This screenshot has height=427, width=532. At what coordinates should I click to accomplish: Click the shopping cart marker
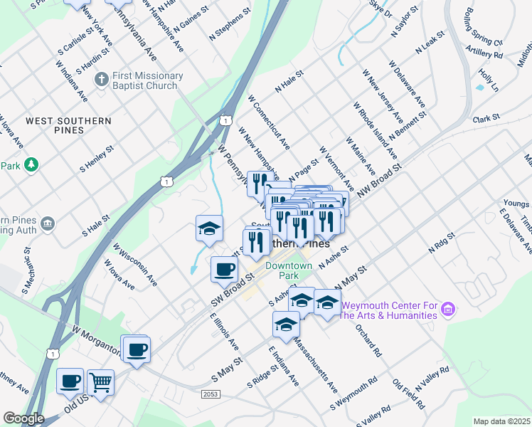pyautogui.click(x=100, y=382)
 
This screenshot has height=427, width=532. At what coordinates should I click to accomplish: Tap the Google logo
pyautogui.click(x=23, y=418)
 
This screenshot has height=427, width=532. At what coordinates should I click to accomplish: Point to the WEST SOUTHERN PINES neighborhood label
pyautogui.click(x=68, y=126)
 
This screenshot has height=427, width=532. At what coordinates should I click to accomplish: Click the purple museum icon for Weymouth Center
pyautogui.click(x=447, y=310)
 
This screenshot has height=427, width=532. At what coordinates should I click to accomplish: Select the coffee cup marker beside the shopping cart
pyautogui.click(x=70, y=381)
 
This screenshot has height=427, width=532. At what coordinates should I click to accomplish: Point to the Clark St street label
pyautogui.click(x=487, y=117)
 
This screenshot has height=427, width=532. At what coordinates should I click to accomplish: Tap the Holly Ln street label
pyautogui.click(x=489, y=79)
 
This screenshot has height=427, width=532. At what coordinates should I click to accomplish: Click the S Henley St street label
pyautogui.click(x=97, y=159)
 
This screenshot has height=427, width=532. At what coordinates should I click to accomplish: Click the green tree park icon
pyautogui.click(x=31, y=165)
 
